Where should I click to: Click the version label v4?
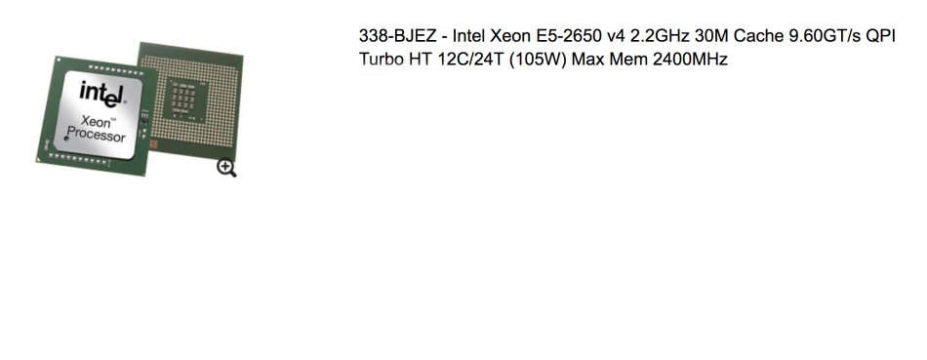tap(623, 36)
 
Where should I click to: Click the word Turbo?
tap(381, 60)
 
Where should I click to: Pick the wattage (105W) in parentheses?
tap(538, 60)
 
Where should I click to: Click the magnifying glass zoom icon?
tap(226, 168)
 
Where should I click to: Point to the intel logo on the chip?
tap(102, 96)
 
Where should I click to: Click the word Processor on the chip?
tap(97, 136)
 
